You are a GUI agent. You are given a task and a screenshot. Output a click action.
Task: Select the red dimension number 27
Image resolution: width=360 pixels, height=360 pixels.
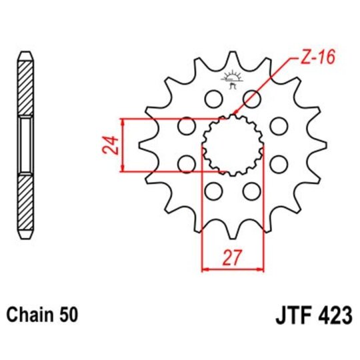233,257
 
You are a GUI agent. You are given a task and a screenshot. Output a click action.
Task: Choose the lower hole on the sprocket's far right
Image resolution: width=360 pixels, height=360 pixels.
278,164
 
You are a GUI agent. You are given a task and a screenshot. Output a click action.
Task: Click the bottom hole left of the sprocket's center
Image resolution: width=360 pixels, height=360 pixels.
213,191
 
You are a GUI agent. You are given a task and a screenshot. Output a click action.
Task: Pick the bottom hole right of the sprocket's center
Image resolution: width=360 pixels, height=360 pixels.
251,191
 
